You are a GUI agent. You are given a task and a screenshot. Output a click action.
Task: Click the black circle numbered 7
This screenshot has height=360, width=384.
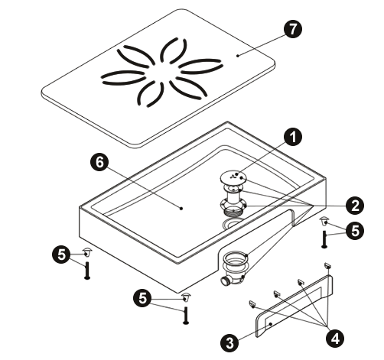293,29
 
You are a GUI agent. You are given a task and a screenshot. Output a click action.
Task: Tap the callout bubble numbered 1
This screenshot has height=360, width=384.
293,137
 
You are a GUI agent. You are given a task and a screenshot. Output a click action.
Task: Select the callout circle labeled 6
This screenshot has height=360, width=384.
99,162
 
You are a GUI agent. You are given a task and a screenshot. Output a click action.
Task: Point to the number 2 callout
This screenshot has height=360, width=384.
355,206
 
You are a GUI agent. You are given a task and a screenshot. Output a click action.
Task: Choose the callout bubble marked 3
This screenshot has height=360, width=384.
230,342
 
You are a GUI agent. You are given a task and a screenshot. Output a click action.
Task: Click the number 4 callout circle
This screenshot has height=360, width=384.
335,338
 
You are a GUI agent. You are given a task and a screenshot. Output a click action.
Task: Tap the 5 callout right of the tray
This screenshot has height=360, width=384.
355,231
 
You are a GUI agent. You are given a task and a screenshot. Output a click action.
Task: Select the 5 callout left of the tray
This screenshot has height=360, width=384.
61,255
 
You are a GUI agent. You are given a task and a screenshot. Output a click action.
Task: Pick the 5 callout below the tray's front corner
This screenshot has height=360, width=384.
143,298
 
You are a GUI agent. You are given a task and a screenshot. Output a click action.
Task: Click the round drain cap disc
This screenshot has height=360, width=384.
233,177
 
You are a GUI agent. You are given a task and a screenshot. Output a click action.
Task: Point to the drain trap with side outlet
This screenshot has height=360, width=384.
233,268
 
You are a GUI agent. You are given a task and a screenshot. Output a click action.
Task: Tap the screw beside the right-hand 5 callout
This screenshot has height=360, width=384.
324,238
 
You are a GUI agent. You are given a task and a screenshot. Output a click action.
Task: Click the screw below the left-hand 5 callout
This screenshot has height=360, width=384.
87,271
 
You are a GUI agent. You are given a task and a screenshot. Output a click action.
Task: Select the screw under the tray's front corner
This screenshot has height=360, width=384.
186,316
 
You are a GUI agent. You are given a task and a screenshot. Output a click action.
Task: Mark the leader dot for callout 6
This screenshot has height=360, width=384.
181,209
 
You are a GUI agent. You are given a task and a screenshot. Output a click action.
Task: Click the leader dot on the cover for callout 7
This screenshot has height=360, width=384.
238,56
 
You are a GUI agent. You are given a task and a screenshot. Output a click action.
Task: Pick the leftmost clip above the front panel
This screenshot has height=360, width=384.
252,303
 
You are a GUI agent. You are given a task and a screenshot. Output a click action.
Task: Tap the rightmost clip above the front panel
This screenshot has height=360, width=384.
327,265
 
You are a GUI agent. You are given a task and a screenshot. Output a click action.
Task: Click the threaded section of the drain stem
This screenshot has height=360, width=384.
233,212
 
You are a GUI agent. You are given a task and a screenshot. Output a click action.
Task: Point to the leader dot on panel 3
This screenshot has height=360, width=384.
271,324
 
